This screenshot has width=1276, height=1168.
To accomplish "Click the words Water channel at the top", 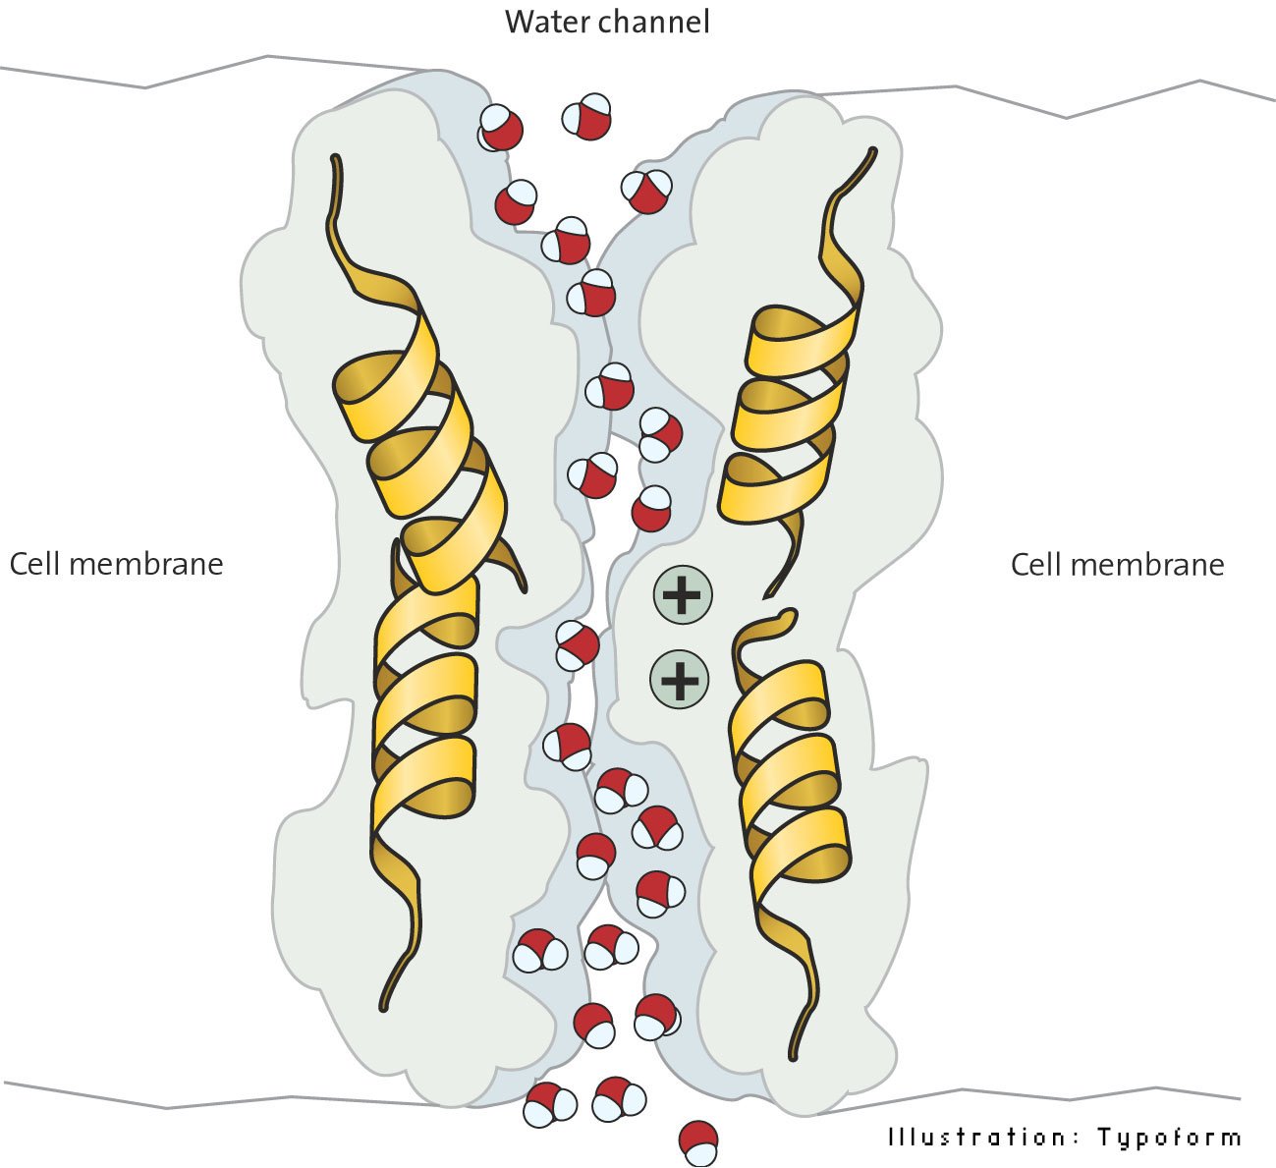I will (x=607, y=22).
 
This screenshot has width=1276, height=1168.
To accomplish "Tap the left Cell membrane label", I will (x=116, y=564).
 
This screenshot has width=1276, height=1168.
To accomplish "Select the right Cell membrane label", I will (x=1117, y=564).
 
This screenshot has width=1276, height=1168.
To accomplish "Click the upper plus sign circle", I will (x=683, y=594).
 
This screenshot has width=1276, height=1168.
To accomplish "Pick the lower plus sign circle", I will (x=680, y=679).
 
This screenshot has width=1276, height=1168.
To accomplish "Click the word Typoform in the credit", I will (x=1169, y=1138).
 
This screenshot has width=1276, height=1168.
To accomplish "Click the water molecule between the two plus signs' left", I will (x=578, y=645).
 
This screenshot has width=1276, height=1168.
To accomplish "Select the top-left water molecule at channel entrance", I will (x=501, y=129).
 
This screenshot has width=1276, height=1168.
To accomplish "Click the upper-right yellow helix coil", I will (x=786, y=413).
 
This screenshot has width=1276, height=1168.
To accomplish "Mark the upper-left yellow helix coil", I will (x=422, y=432).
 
